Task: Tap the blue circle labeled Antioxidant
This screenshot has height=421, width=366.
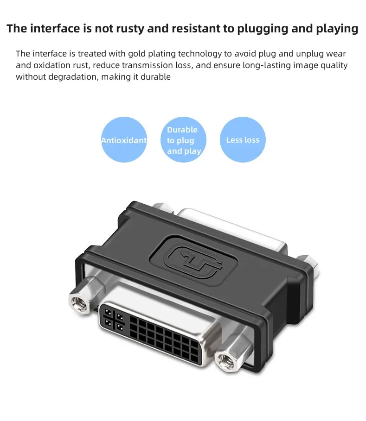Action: (124, 140)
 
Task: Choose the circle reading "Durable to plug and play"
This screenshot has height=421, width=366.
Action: (183, 140)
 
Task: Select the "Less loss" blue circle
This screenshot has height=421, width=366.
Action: (243, 140)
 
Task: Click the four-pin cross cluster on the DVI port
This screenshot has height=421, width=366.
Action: (114, 318)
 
